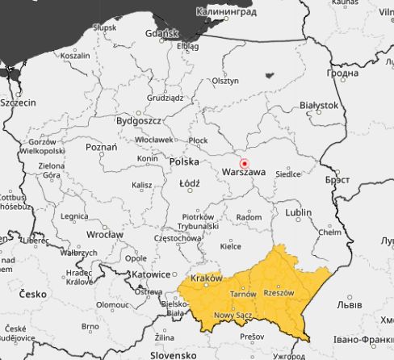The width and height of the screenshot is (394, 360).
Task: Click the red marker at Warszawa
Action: [245, 162]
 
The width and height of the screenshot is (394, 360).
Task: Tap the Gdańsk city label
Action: [182, 34]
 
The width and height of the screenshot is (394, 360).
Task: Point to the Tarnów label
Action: [243, 295]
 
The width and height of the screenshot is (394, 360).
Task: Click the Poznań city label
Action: [101, 147]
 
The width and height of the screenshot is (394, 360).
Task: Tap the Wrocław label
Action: [105, 234]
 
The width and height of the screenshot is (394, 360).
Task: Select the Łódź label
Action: [191, 183]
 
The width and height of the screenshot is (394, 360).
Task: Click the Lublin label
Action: [298, 212]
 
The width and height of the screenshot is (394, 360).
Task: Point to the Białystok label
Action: [318, 105]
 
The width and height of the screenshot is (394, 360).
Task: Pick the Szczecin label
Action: [18, 103]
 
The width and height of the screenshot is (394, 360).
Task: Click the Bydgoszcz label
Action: [139, 120]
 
